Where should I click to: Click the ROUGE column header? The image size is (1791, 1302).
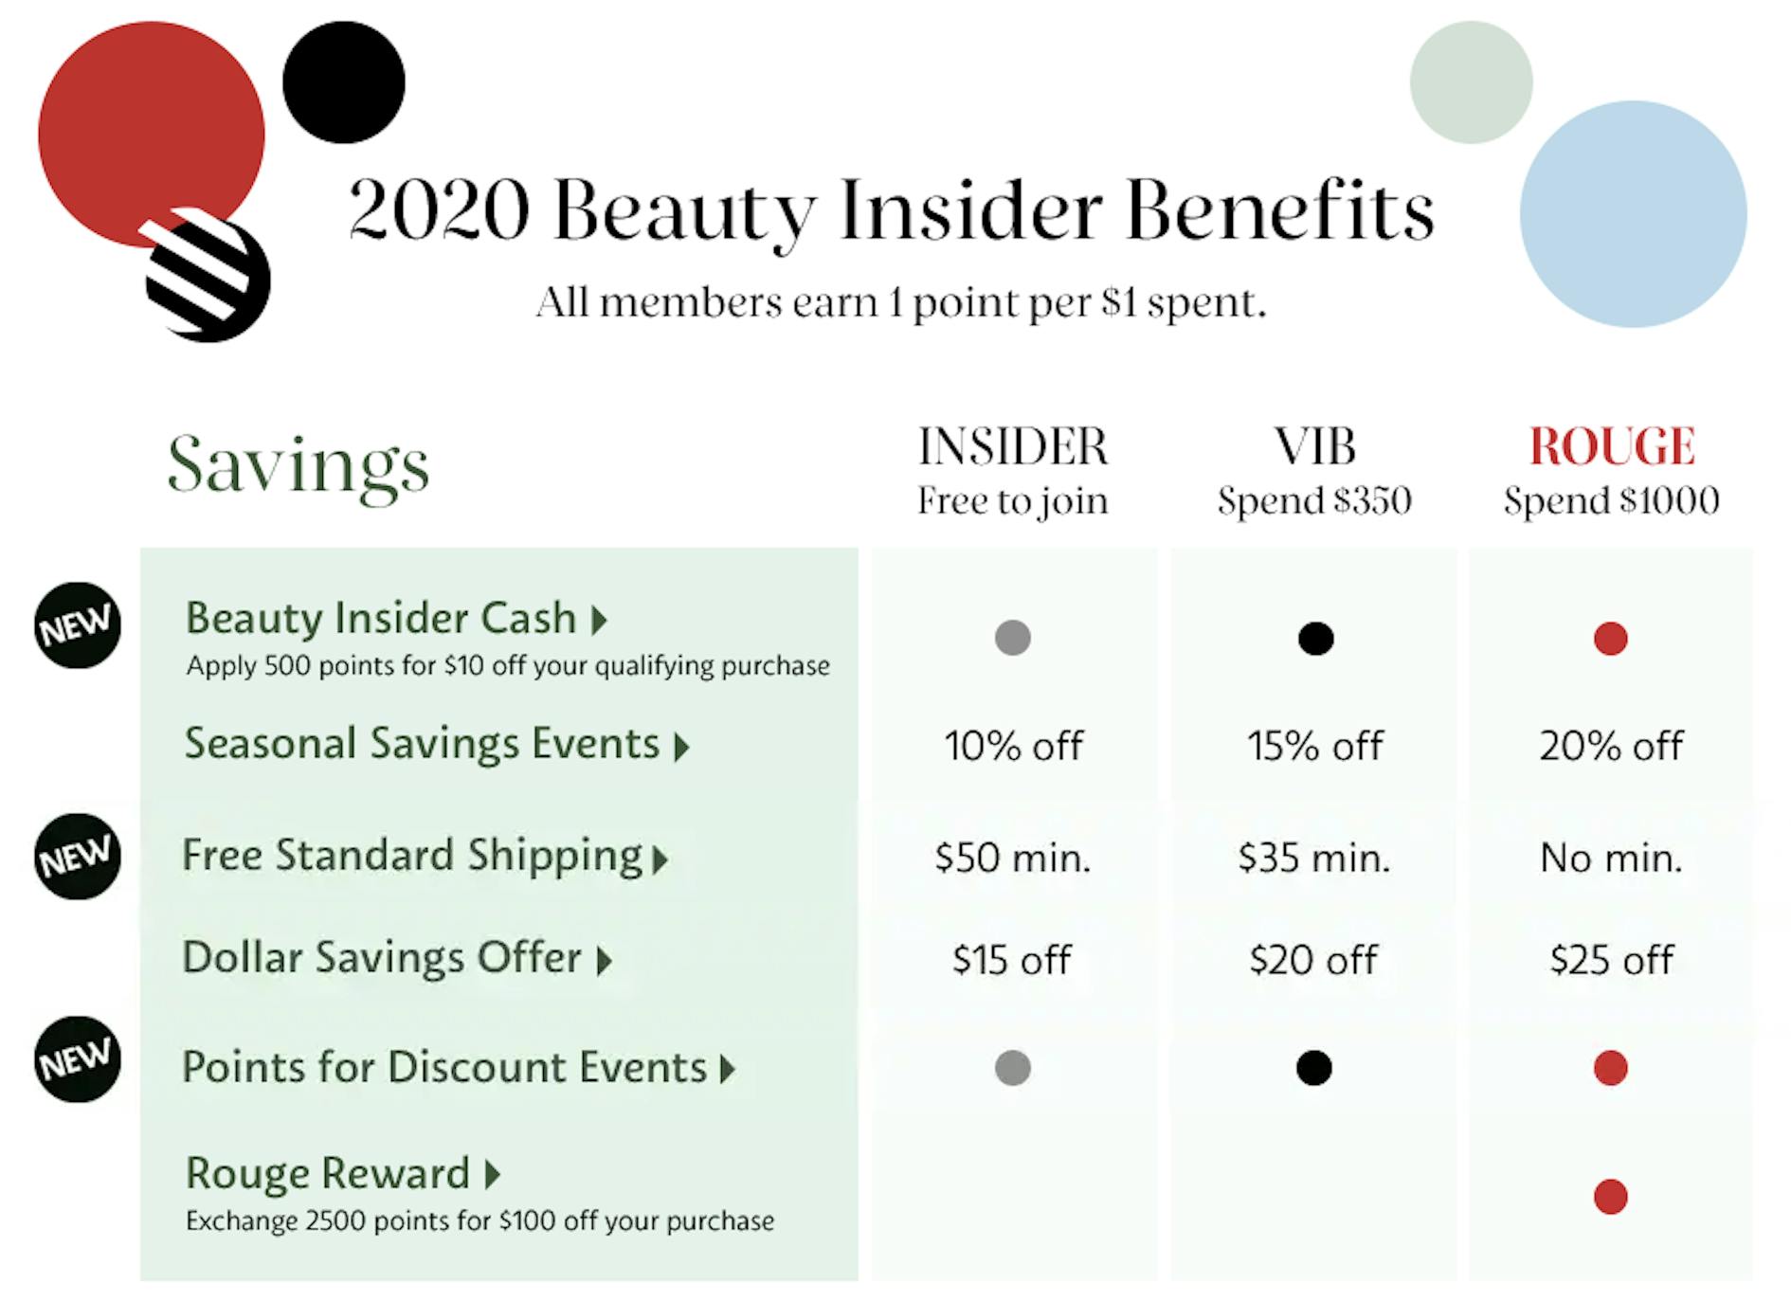tap(1612, 446)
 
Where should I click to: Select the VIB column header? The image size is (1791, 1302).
tap(1314, 446)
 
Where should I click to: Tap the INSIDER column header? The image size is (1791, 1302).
tap(1013, 446)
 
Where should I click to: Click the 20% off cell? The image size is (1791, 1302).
tap(1611, 746)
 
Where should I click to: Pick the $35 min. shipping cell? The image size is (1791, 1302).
tap(1313, 858)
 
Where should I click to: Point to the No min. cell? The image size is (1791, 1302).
tap(1611, 858)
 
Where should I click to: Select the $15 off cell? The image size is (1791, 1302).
tap(1012, 960)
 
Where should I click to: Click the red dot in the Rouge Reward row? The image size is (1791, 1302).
tap(1611, 1197)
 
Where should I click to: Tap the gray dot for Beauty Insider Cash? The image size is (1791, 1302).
tap(1013, 638)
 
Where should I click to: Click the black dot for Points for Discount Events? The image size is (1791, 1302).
tap(1314, 1068)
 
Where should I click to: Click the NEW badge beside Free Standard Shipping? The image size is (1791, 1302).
tap(78, 857)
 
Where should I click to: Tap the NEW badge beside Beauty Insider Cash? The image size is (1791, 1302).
tap(78, 625)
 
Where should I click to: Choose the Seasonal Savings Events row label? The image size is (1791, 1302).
tap(436, 745)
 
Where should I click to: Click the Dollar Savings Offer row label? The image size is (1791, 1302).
tap(396, 958)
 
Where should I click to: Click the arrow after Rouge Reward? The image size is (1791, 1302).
tap(492, 1175)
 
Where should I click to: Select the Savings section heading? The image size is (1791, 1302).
tap(298, 465)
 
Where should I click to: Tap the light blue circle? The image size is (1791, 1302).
tap(1634, 214)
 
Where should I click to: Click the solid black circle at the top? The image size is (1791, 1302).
tap(344, 82)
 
